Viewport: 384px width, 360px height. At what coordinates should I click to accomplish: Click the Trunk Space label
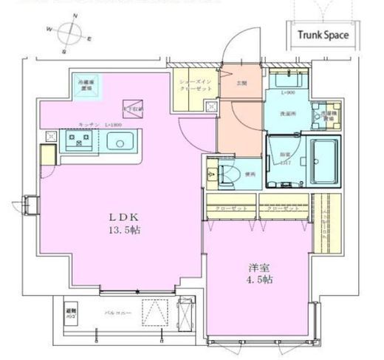pos(323,34)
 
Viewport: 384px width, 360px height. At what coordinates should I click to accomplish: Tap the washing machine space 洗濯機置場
pos(325,114)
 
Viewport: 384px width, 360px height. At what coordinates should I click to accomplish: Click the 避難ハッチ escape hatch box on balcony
pos(72,311)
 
